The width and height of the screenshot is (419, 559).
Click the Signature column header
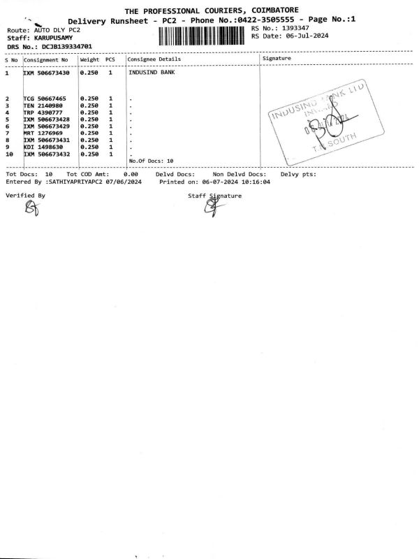tap(277, 59)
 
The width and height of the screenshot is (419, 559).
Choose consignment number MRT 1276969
tap(45, 133)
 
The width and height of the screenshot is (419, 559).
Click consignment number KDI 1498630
tap(45, 147)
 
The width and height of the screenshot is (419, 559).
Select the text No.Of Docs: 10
tap(151, 161)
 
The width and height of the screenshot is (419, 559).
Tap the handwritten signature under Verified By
tap(31, 208)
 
